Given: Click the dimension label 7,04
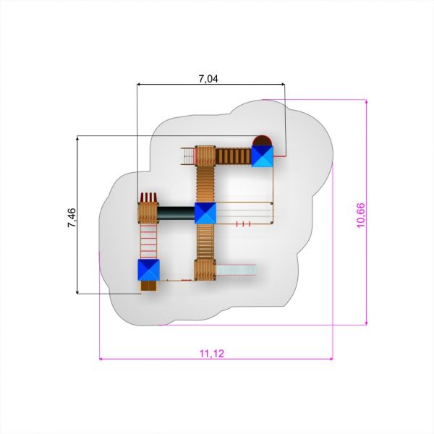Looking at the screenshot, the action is (208, 79).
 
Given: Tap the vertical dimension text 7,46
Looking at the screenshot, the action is (72, 218).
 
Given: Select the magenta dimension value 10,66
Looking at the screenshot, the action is (361, 216).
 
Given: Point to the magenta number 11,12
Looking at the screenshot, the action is (212, 354).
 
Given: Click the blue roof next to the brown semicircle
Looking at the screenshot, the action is (262, 156).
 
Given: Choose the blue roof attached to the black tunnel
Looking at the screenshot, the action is (205, 213).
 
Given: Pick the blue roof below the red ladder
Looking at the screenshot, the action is (148, 270).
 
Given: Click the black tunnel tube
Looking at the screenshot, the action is (176, 213).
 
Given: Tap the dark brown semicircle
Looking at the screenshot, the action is (262, 140).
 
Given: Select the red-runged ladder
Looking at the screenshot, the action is (148, 242).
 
